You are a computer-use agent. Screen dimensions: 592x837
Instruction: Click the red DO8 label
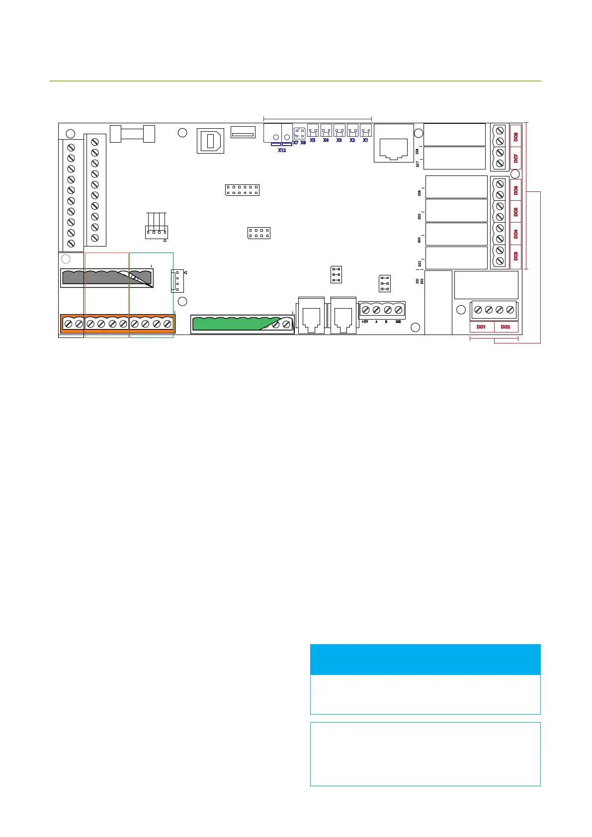[x=515, y=136]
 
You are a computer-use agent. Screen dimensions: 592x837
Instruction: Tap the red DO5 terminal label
[x=515, y=212]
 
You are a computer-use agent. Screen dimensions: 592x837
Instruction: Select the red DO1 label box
[x=481, y=327]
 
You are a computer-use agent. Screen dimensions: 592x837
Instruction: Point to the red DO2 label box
[x=506, y=327]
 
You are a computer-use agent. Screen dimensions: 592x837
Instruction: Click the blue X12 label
[x=282, y=150]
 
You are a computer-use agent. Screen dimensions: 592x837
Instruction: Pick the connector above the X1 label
[x=366, y=131]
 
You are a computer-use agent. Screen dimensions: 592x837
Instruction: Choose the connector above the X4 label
[x=326, y=131]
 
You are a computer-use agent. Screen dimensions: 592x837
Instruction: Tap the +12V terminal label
[x=364, y=322]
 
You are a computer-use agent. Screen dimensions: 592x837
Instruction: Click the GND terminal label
[x=398, y=322]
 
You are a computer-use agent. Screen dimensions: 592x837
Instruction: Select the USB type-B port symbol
[x=210, y=141]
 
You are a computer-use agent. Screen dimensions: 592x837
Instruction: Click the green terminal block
[x=242, y=324]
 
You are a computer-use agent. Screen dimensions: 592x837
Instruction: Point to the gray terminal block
[x=106, y=278]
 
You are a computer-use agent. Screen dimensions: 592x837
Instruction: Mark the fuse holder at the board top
[x=132, y=134]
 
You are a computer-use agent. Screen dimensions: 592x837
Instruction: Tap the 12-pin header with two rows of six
[x=242, y=190]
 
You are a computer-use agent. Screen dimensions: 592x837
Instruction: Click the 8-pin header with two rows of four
[x=258, y=233]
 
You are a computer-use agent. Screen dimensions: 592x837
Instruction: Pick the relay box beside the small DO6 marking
[x=456, y=187]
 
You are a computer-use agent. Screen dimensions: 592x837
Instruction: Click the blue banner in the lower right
[x=425, y=660]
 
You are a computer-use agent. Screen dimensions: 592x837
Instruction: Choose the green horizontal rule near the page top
[x=295, y=81]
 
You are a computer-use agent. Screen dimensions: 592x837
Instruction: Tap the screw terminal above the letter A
[x=376, y=310]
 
